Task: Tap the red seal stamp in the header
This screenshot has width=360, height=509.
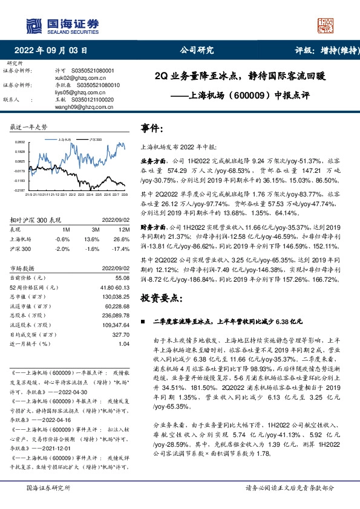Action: (x=326, y=25)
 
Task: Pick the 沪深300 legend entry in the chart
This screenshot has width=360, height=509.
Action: (x=96, y=138)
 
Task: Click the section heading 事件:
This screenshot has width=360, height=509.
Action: (x=152, y=129)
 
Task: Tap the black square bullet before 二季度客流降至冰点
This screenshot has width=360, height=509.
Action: (x=143, y=323)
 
